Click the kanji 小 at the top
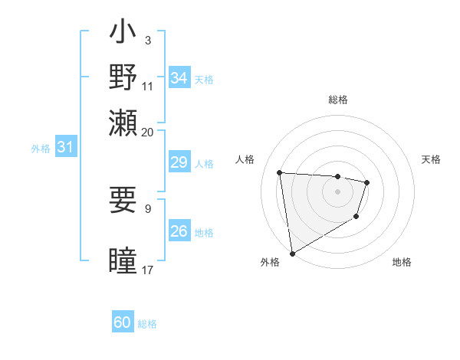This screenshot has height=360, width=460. click(x=123, y=34)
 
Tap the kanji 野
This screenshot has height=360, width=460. click(x=123, y=77)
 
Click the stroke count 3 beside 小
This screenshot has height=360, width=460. click(x=147, y=40)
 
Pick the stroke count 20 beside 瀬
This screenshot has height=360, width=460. click(x=147, y=132)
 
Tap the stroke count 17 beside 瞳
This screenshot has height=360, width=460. click(x=147, y=270)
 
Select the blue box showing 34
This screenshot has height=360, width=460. click(x=179, y=78)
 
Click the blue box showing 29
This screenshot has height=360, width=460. click(x=179, y=162)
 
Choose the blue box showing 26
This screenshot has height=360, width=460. click(x=179, y=231)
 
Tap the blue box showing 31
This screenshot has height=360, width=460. click(x=64, y=147)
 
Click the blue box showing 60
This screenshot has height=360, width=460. click(x=123, y=323)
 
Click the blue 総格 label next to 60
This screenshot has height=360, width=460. click(x=147, y=324)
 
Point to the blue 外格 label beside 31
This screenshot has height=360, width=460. click(x=40, y=149)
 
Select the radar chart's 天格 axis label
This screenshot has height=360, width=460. click(x=431, y=159)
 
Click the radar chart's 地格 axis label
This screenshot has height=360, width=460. click(x=402, y=262)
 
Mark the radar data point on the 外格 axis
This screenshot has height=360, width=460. click(x=292, y=253)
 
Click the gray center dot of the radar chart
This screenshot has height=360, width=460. click(x=337, y=191)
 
